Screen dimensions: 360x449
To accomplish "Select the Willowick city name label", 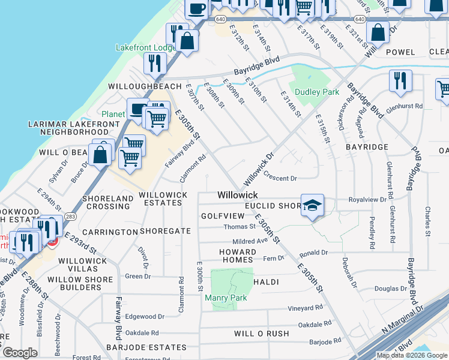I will (x=237, y=195).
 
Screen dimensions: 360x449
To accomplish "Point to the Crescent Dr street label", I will (x=281, y=178).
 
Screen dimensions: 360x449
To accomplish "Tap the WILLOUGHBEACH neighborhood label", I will (x=144, y=86).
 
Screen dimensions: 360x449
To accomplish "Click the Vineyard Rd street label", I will (x=306, y=308).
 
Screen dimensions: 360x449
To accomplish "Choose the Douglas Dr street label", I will (x=391, y=289).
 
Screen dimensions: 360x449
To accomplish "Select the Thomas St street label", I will (x=239, y=227).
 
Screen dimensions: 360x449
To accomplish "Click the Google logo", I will (x=20, y=353).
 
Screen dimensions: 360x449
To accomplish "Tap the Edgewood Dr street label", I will (x=144, y=316).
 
